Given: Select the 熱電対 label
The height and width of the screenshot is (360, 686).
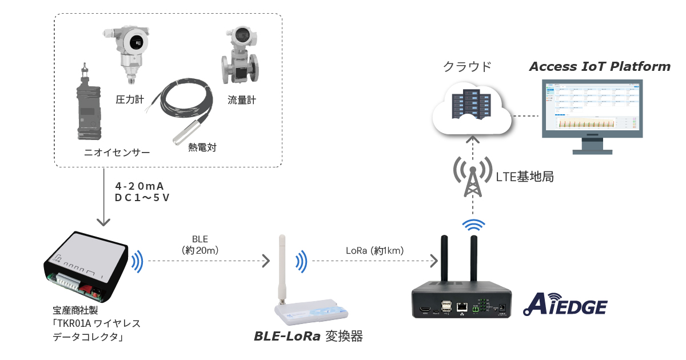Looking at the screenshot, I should tap(202, 148).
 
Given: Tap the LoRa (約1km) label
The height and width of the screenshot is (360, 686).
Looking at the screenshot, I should tap(374, 250).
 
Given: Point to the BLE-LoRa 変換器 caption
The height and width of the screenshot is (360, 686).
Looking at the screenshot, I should tap(308, 337).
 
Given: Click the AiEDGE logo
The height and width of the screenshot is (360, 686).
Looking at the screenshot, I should tap(565, 304).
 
